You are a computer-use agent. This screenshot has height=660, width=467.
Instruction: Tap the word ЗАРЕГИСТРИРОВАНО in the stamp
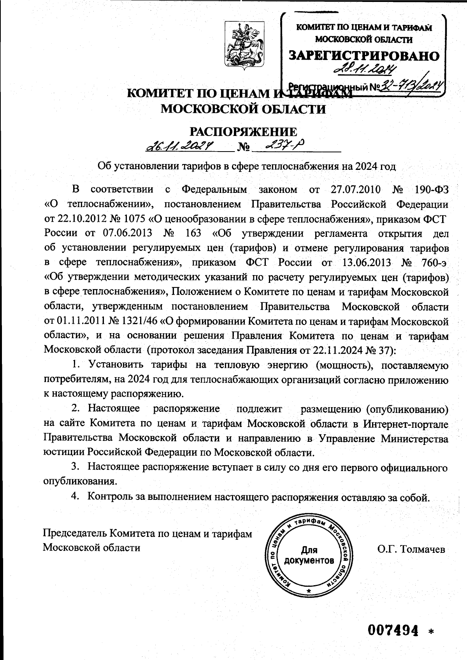click(364, 56)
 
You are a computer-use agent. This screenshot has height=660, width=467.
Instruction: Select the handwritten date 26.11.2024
click(180, 146)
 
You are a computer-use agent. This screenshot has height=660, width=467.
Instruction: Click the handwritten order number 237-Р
click(284, 146)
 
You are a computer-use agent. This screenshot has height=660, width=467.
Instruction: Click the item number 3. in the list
click(75, 467)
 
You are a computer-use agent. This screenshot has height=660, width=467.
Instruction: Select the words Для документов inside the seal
click(309, 556)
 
